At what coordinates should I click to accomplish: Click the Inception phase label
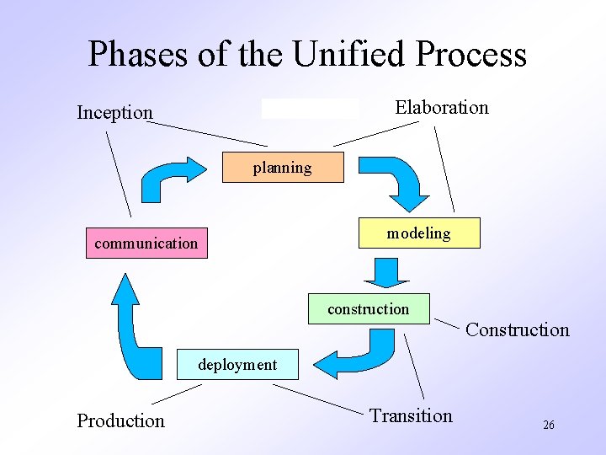(x=114, y=112)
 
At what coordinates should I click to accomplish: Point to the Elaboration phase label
(x=442, y=107)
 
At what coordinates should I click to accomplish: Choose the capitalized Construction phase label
(x=517, y=329)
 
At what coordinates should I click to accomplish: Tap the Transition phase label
(x=411, y=415)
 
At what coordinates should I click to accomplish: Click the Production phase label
(x=120, y=420)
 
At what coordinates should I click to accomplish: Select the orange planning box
(x=283, y=168)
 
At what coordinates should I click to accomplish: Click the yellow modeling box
(x=418, y=233)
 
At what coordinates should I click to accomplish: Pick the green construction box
(x=369, y=309)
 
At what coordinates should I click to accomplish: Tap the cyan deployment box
(x=237, y=365)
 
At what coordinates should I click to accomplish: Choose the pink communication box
(x=146, y=244)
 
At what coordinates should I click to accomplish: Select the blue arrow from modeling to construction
(x=386, y=272)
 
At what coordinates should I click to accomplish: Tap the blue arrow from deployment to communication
(x=131, y=329)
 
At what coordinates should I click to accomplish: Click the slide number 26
(x=548, y=426)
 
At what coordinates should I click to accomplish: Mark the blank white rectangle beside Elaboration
(x=310, y=108)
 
